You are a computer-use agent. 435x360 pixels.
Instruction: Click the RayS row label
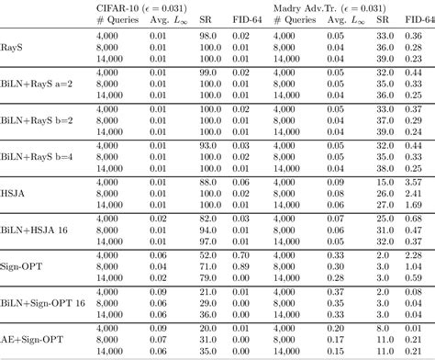13,44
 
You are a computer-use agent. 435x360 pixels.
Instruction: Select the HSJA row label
16,195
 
